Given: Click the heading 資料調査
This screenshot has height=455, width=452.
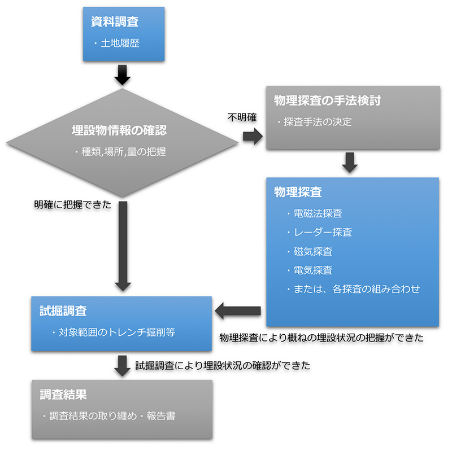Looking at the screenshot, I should (x=115, y=22).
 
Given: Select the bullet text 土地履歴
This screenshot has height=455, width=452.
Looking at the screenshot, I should (x=119, y=43).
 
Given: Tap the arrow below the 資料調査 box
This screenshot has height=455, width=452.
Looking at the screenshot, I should (x=123, y=73).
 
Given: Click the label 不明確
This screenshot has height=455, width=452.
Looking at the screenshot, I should (x=242, y=117).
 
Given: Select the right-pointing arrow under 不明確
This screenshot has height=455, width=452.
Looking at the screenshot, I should (x=252, y=136).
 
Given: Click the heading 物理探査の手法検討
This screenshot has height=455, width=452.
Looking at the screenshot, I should (x=327, y=101).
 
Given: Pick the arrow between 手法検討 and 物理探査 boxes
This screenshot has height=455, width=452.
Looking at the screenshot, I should (x=350, y=163).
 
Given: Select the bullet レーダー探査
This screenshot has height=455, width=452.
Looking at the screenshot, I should (x=323, y=233).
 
